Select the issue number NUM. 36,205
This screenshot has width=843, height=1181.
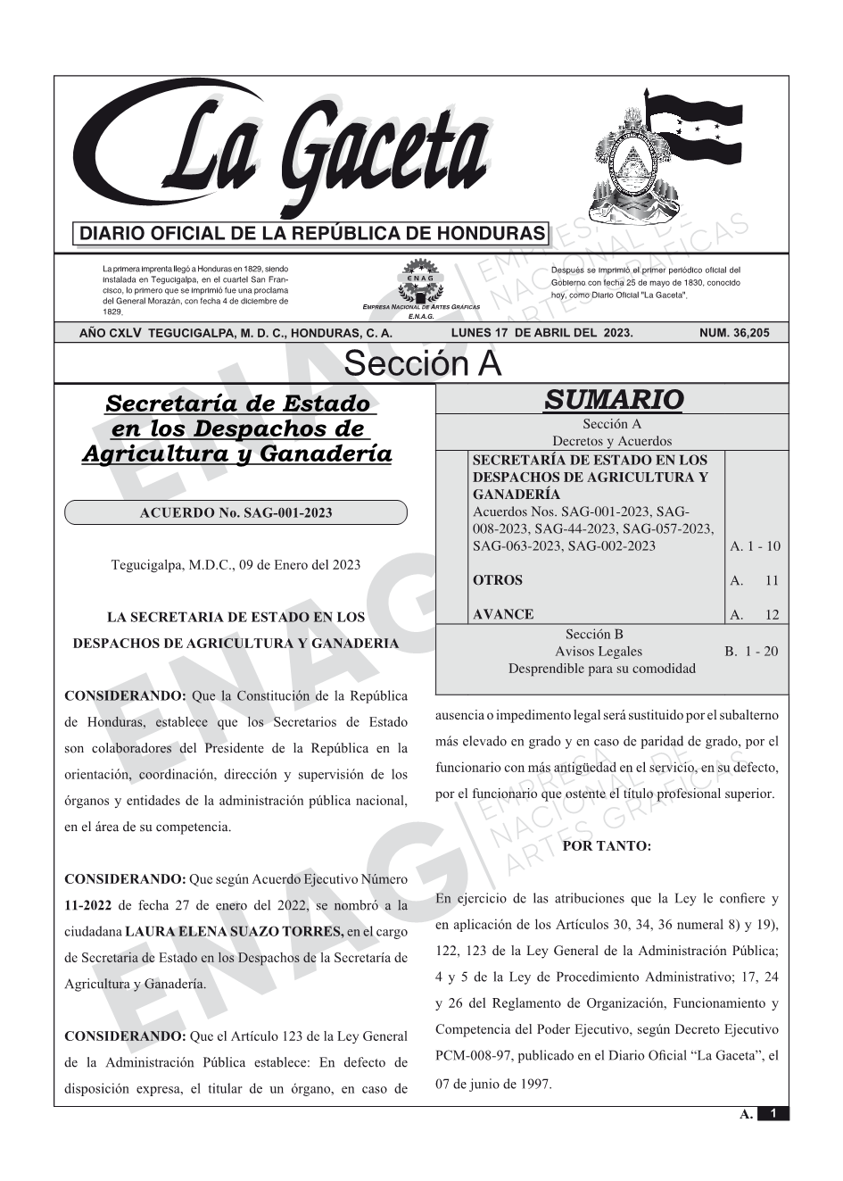tap(732, 333)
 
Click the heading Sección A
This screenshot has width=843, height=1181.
tap(422, 364)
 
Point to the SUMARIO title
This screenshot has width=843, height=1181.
tap(613, 400)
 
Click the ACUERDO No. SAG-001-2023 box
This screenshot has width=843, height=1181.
tap(236, 512)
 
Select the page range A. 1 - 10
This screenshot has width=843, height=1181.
tap(754, 546)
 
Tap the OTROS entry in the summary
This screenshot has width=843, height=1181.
tap(497, 580)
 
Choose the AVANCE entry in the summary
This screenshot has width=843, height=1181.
tap(503, 614)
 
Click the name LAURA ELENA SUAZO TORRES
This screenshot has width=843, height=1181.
tap(234, 932)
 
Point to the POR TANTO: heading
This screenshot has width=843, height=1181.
tap(607, 846)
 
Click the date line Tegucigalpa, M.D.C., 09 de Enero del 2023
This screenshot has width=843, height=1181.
tap(236, 564)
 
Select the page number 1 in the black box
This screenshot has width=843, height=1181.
tap(773, 1114)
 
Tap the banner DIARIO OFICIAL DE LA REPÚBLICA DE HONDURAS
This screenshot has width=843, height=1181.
tap(312, 234)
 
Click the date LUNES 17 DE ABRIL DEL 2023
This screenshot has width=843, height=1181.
tap(541, 333)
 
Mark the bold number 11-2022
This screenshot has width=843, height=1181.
tap(88, 905)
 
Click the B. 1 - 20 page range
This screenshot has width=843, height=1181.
tap(750, 652)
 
